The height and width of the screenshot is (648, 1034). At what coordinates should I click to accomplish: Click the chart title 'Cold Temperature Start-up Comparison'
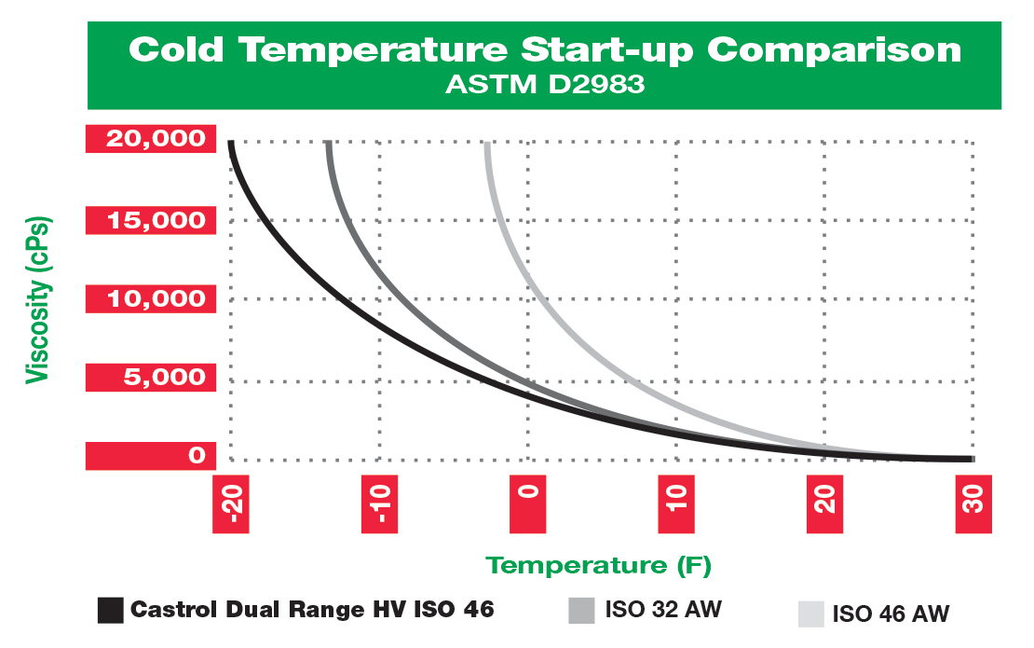tap(545, 48)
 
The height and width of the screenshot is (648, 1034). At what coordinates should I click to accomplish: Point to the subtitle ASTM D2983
tap(545, 85)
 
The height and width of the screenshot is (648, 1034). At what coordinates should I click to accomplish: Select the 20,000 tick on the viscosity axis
tap(155, 139)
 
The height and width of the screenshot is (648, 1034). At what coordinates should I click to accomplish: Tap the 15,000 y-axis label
tap(155, 220)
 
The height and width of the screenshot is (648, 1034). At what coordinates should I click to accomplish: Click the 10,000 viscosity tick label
tap(155, 299)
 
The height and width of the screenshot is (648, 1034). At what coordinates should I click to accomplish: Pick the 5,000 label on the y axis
tap(155, 378)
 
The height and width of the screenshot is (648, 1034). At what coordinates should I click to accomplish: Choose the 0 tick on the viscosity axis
tap(196, 456)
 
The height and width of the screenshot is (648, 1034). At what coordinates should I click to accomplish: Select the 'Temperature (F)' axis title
tap(599, 565)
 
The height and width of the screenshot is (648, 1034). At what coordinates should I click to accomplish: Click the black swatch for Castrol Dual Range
tap(111, 611)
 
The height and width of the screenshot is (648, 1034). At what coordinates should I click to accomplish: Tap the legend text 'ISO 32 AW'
tap(663, 611)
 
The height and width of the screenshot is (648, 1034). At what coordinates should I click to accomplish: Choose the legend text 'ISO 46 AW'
tap(891, 614)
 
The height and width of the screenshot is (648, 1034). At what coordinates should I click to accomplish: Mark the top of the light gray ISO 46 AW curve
tap(487, 145)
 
